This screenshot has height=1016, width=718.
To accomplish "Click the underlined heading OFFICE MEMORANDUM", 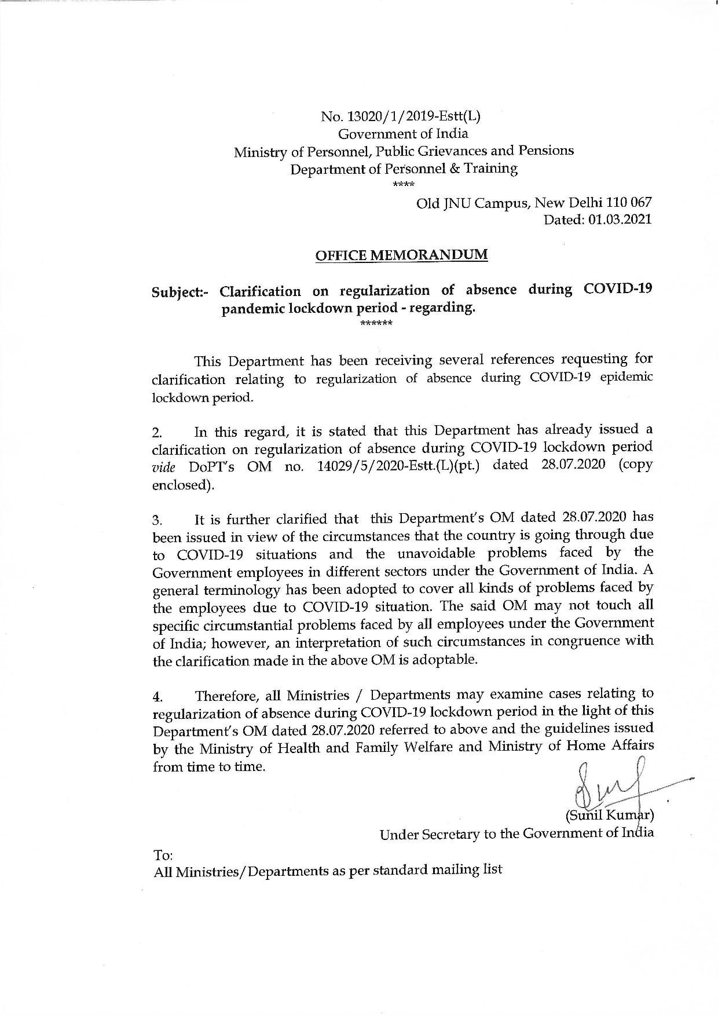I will click(401, 255).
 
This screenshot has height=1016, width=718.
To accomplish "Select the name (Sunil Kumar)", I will click(609, 815).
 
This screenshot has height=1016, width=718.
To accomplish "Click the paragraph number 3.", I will click(156, 518).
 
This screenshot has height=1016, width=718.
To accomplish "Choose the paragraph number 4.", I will click(157, 696).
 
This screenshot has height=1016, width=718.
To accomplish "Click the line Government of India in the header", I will click(403, 133).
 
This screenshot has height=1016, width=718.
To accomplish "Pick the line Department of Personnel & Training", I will click(404, 169).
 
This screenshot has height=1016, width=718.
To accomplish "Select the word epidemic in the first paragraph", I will click(628, 377).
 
